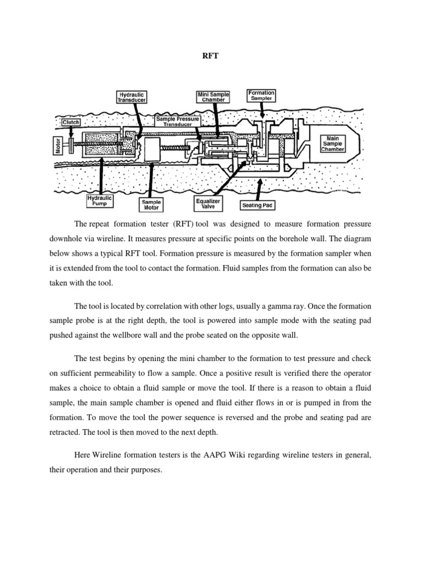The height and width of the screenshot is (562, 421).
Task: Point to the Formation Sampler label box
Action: (261, 95)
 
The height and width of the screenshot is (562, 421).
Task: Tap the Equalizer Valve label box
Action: (208, 204)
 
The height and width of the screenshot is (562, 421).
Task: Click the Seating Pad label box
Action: (258, 206)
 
